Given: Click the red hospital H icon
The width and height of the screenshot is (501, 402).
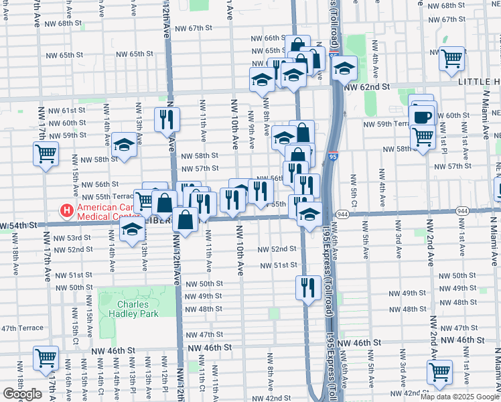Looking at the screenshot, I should [x=67, y=212].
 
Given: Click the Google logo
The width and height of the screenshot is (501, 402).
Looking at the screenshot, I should [x=22, y=394].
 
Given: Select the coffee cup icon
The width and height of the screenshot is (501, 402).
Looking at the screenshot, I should [x=422, y=117].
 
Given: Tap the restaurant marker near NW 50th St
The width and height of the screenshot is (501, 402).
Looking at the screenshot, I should [x=306, y=287].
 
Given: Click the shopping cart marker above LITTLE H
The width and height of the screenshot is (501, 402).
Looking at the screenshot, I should [x=452, y=58].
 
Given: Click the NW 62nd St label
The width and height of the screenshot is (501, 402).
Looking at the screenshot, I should [x=366, y=87].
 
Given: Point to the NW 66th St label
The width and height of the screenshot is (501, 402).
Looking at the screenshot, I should [x=265, y=39].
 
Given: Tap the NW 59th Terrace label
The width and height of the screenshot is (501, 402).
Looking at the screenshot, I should [x=385, y=124].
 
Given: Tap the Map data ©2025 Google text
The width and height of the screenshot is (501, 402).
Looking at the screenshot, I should [x=459, y=397].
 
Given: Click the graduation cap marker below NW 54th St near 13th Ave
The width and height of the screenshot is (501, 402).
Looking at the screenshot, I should [x=133, y=229].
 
